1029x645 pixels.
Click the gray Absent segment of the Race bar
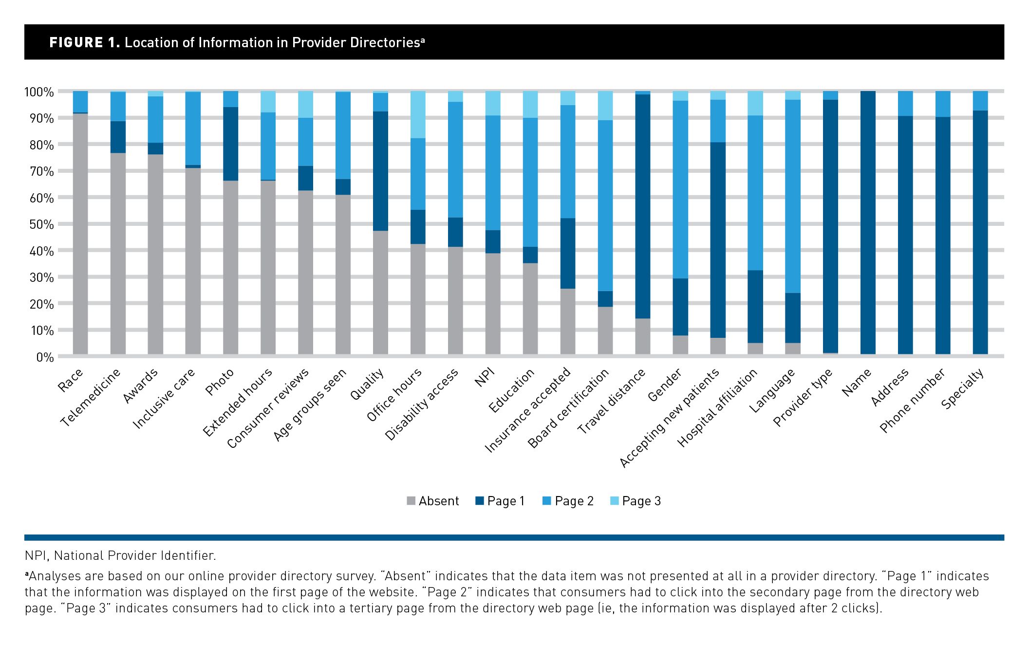80,234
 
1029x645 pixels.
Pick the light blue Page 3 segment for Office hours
418,114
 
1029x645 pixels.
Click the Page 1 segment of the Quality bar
380,171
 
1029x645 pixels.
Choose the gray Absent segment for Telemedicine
118,253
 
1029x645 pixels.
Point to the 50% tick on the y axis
39,224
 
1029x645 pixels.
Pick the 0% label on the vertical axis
44,357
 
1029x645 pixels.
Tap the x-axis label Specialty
962,389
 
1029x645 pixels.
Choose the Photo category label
220,382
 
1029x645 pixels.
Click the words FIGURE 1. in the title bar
84,42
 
